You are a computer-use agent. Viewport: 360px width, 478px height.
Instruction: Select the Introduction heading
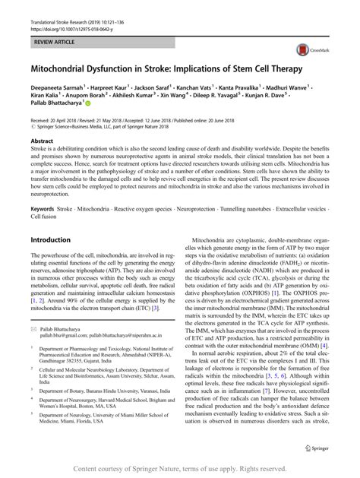tap(50, 239)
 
